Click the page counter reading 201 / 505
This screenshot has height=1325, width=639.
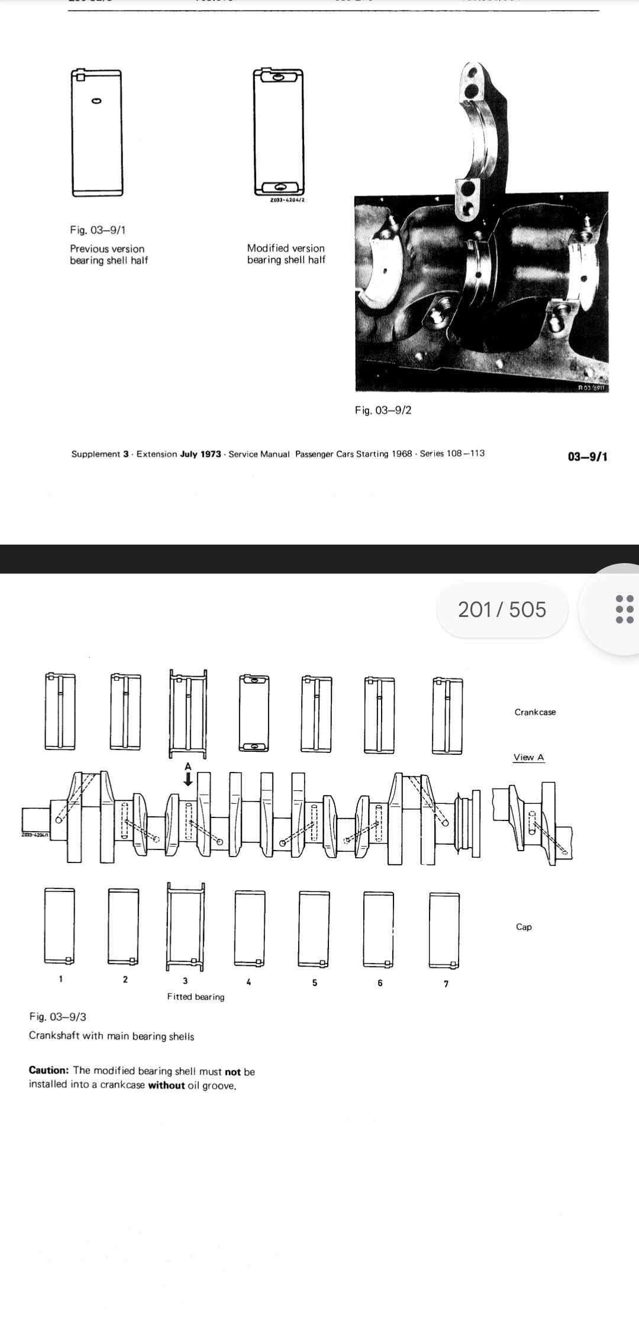coord(502,609)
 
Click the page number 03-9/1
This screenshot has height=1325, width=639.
coord(587,456)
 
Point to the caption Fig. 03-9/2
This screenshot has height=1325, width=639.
coord(383,410)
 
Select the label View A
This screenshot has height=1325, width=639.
coord(528,757)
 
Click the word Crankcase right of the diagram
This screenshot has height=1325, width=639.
coord(535,712)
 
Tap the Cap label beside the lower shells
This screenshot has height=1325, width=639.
coord(524,927)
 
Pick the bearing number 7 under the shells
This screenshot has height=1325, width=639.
coord(446,984)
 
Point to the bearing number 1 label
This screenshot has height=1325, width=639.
coord(60,979)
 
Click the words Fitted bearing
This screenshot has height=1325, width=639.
coord(195,997)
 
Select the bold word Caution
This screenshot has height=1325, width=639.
coord(49,1071)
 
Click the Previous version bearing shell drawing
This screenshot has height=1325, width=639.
coord(97,132)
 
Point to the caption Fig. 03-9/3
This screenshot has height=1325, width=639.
coord(57,1017)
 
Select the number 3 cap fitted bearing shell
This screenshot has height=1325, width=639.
coord(188,928)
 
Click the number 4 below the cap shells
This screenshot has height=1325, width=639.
coord(248,983)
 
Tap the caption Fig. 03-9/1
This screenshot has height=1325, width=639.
coord(98,230)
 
